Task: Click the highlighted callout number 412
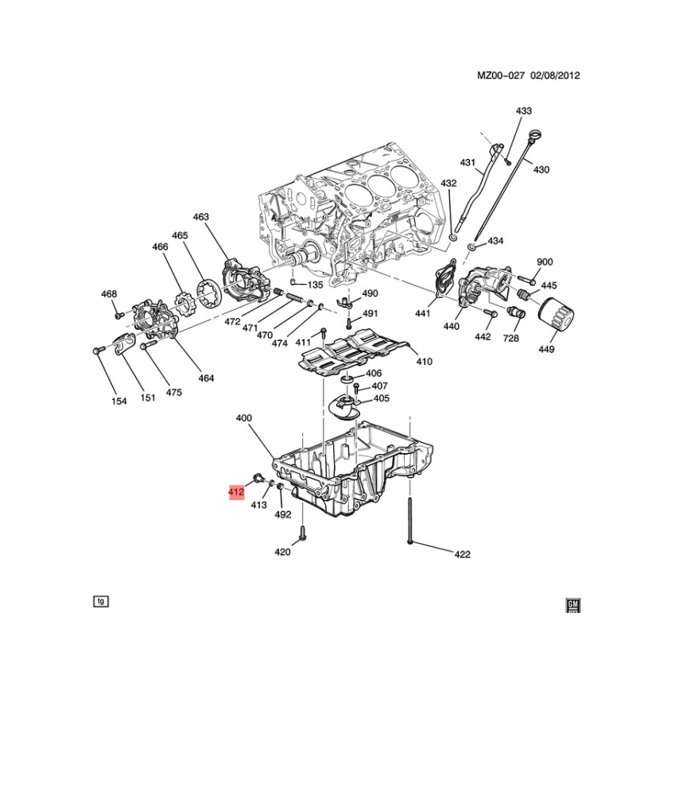[x=236, y=491]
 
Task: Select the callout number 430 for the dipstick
[x=541, y=170]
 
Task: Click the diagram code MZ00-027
[x=501, y=76]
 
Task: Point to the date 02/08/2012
[x=555, y=76]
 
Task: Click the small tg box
[x=101, y=601]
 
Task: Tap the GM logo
[x=573, y=605]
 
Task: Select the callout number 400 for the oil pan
[x=244, y=418]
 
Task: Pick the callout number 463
[x=201, y=217]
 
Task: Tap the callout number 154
[x=118, y=401]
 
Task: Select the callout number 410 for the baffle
[x=424, y=362]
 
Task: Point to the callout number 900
[x=545, y=262]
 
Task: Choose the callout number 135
[x=315, y=285]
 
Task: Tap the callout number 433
[x=524, y=111]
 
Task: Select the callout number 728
[x=510, y=338]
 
